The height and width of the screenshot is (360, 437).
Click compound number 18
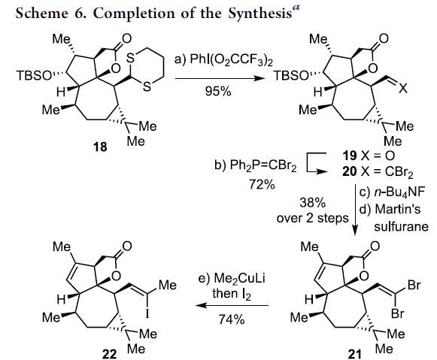100,147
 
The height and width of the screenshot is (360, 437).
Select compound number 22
109,354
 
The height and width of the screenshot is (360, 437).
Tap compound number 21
355,354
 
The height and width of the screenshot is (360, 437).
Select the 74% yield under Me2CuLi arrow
232,319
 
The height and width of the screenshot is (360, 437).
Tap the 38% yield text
312,202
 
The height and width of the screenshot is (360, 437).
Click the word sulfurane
401,227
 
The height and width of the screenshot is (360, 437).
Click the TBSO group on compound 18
34,75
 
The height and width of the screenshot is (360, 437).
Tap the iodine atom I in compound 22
147,314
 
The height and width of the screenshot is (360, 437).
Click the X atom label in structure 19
402,89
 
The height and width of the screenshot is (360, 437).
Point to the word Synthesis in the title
260,13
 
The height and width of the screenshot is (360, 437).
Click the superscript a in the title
296,8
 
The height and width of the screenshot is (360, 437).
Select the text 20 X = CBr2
378,172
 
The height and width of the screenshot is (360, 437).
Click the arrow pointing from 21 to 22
232,305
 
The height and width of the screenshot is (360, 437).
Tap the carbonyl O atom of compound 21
375,246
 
